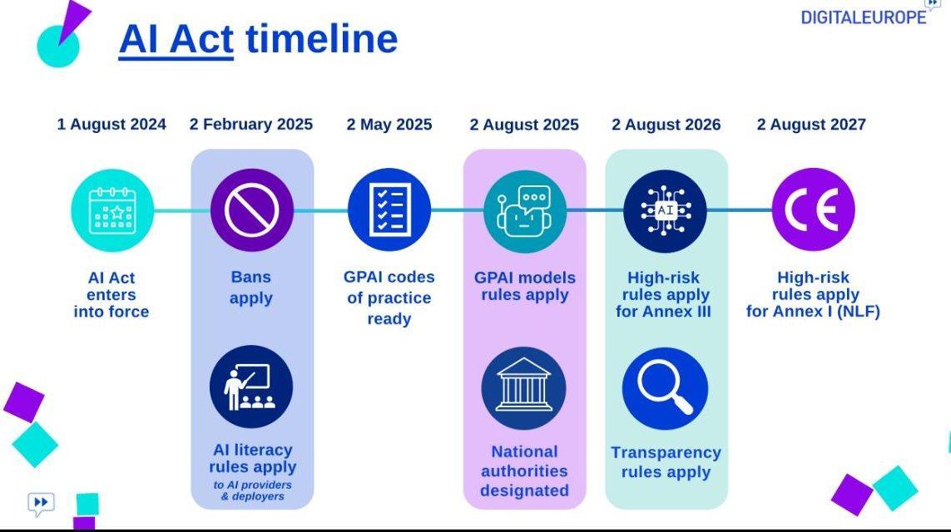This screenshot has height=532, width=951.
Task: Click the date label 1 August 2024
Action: pos(111,124)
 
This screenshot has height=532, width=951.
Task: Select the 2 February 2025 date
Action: pos(251,124)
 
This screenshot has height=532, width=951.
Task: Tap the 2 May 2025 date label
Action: pos(389,124)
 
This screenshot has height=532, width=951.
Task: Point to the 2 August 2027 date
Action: pos(811,124)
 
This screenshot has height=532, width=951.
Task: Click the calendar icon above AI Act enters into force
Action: pos(113,210)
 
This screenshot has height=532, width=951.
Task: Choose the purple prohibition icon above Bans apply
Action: pos(252,210)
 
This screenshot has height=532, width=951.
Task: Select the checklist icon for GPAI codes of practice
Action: pos(389,209)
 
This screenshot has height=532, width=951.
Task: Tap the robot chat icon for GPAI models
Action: pos(525,211)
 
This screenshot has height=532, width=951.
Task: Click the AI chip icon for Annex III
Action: pos(666,211)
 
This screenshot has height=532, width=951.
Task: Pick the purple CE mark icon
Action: pos(814,209)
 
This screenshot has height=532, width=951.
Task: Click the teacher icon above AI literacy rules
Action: pos(251,387)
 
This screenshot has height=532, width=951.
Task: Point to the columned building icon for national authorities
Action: pos(524,388)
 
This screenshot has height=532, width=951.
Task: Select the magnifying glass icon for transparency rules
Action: pos(666,388)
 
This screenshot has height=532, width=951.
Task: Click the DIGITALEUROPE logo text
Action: pos(864,17)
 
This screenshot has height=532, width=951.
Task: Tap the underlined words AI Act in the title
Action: pos(176,39)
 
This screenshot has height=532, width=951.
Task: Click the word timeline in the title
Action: pos(321,39)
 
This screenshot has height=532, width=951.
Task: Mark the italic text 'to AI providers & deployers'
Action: pos(252,490)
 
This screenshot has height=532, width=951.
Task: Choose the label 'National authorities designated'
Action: pos(525,470)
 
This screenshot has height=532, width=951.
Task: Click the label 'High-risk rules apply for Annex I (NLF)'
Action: pos(814,294)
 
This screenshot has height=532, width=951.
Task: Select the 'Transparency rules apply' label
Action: pos(666,462)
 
